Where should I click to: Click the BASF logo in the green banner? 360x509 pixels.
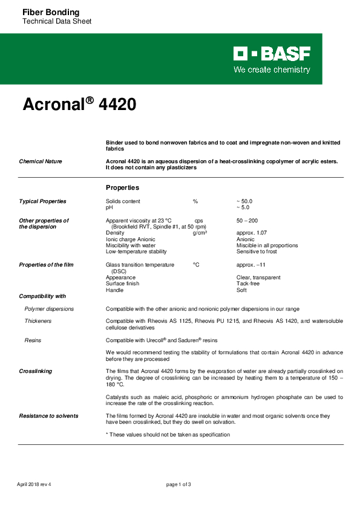pyautogui.click(x=272, y=54)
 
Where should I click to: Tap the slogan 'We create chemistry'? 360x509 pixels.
pyautogui.click(x=272, y=70)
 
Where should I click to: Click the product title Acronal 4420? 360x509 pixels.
pyautogui.click(x=79, y=105)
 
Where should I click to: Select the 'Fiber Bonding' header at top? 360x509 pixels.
pyautogui.click(x=50, y=12)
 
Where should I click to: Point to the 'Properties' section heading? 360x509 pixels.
pyautogui.click(x=123, y=187)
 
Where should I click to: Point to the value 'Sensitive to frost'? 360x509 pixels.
pyautogui.click(x=257, y=251)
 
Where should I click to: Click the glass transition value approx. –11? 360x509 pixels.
pyautogui.click(x=252, y=265)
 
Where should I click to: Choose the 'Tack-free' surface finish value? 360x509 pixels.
pyautogui.click(x=248, y=284)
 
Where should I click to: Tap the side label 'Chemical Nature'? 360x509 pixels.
pyautogui.click(x=41, y=161)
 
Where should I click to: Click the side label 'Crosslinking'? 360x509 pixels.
pyautogui.click(x=35, y=371)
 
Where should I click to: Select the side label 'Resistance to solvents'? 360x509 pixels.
pyautogui.click(x=48, y=416)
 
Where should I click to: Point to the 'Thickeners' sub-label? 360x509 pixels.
pyautogui.click(x=38, y=321)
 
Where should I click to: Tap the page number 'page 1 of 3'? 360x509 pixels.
pyautogui.click(x=179, y=484)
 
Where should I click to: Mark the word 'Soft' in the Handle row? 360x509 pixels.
pyautogui.click(x=241, y=290)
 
